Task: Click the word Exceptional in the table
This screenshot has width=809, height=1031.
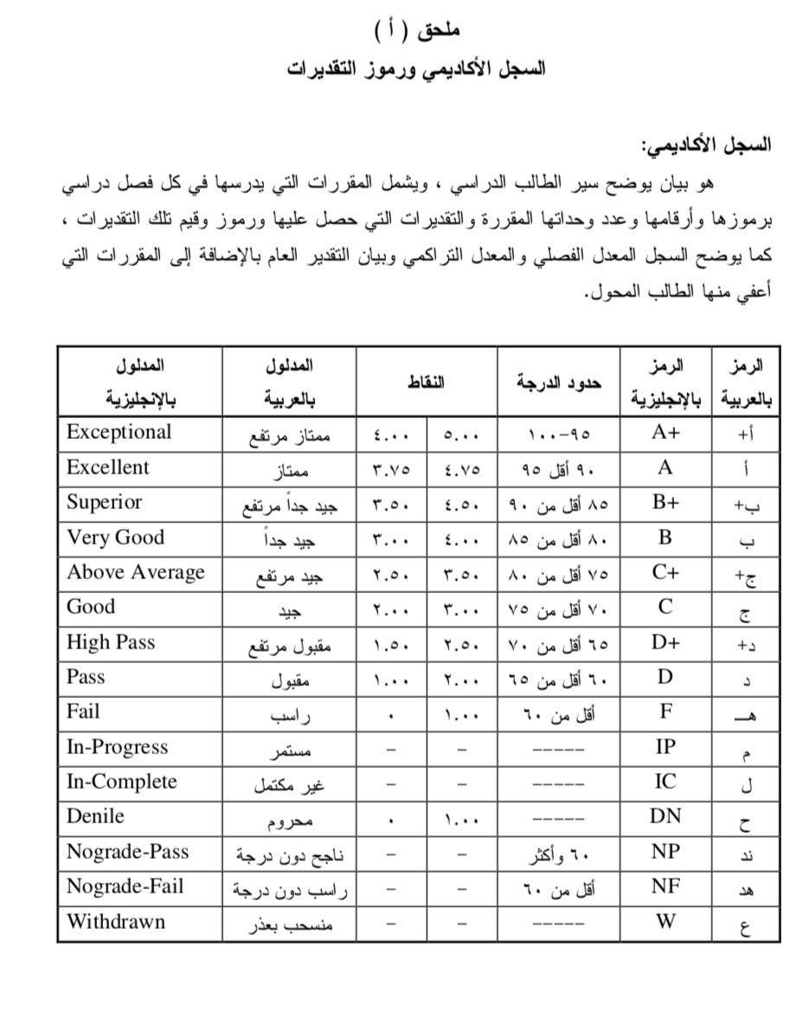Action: (x=119, y=432)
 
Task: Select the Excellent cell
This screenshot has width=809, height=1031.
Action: (x=108, y=467)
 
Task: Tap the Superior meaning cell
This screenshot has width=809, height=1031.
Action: (x=105, y=502)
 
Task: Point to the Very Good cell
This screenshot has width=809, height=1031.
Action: (x=116, y=538)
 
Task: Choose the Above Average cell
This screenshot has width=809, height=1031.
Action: (x=136, y=572)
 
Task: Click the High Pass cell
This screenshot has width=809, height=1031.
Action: (x=111, y=642)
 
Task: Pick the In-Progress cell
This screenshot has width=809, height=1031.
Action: (x=118, y=747)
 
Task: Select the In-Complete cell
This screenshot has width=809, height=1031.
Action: (x=122, y=782)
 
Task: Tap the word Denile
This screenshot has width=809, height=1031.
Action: (x=96, y=816)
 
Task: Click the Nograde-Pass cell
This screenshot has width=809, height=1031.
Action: (x=127, y=852)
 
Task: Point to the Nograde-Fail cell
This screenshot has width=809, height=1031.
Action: (x=125, y=886)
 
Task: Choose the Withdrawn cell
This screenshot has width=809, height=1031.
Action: (x=116, y=921)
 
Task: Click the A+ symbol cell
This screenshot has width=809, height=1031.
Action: (x=665, y=433)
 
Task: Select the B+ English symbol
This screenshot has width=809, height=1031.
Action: (x=665, y=502)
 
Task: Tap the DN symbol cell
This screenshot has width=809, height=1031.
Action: (x=665, y=816)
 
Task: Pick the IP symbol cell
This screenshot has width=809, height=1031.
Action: (x=665, y=747)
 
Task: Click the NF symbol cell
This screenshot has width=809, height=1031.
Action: (x=665, y=886)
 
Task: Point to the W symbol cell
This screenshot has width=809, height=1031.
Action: (x=665, y=921)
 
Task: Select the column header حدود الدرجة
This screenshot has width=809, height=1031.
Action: (x=558, y=382)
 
